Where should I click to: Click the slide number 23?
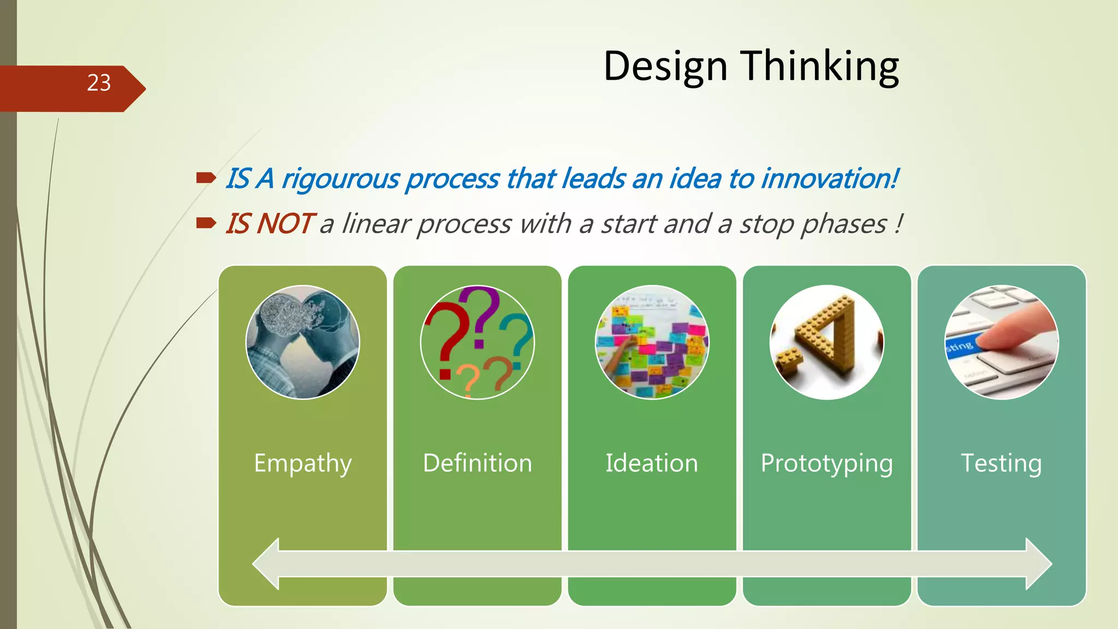tap(99, 83)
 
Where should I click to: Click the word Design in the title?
tap(665, 67)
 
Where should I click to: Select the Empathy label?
tap(302, 464)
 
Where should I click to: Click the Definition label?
tap(477, 464)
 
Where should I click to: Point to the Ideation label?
tap(652, 464)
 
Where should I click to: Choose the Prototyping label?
tap(826, 464)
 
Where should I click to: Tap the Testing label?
tap(1001, 464)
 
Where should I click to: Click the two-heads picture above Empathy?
tap(302, 342)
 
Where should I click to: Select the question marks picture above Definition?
tap(477, 342)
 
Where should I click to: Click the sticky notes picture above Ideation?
tap(652, 342)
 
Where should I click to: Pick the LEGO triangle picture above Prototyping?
tap(826, 342)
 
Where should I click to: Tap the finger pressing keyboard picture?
tap(1001, 342)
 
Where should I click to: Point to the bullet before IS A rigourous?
tap(206, 177)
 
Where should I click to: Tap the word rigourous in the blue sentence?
tap(341, 180)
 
